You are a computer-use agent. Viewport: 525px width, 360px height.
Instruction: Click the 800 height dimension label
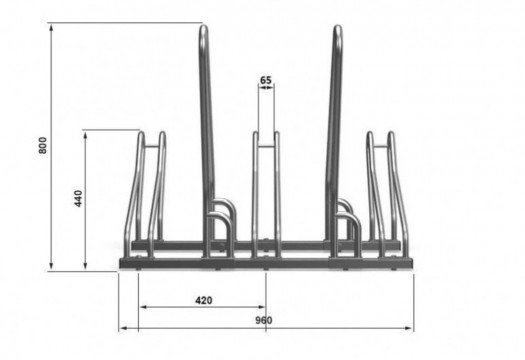pos(43,145)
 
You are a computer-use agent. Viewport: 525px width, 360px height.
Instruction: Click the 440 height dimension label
pos(78,198)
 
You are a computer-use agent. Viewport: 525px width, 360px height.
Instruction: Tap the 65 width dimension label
pos(266,80)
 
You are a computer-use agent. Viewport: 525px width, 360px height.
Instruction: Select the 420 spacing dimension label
pos(204,300)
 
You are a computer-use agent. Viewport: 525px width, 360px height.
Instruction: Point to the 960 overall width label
pos(264,320)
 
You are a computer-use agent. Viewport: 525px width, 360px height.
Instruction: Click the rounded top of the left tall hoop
pos(204,28)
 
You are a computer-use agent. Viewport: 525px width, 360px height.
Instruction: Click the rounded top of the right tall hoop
pos(338,28)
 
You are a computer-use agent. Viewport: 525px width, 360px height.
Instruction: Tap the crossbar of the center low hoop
pos(266,146)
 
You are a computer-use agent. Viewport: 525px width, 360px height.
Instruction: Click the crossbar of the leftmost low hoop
pos(152,145)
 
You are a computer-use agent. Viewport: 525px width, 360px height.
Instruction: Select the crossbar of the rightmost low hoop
pos(381,146)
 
